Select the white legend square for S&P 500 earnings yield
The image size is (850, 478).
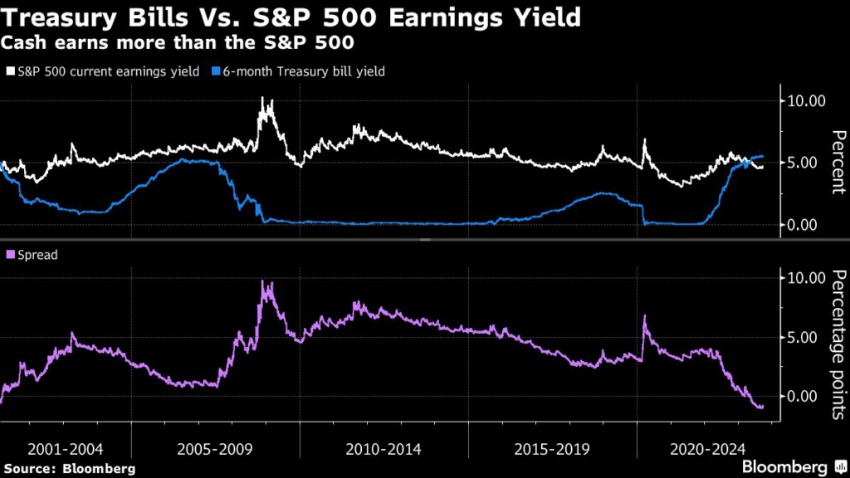11,71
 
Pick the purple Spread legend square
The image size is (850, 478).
11,255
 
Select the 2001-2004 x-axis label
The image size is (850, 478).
66,449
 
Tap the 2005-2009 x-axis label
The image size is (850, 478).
216,449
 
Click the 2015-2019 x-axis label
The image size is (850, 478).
552,449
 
